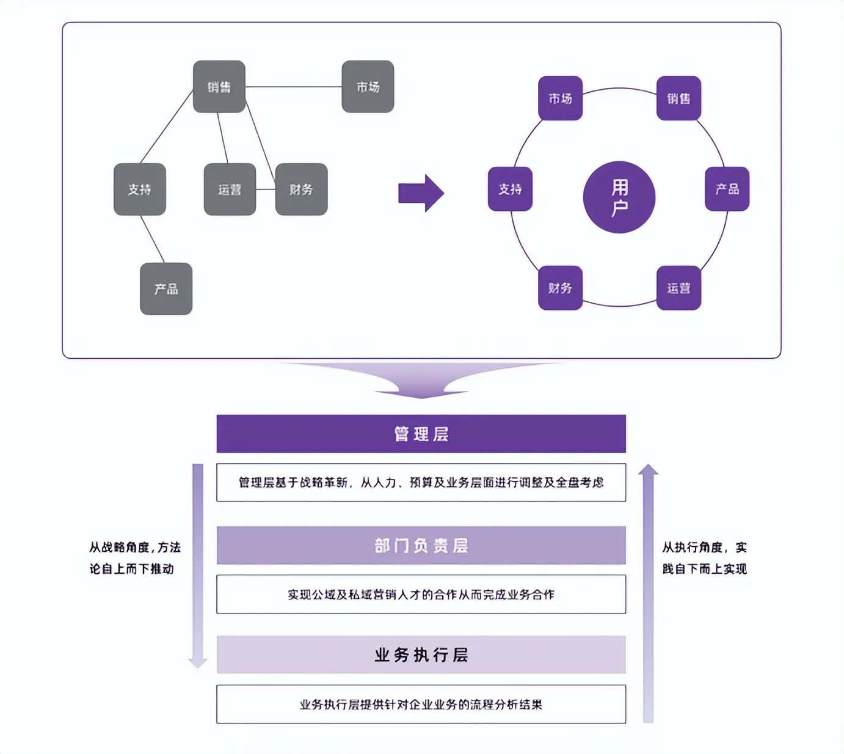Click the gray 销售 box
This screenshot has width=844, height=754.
[x=219, y=87]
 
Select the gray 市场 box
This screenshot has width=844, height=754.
[x=368, y=87]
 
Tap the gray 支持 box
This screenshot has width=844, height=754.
[x=140, y=189]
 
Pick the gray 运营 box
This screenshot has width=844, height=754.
[x=230, y=189]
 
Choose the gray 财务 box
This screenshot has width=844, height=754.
[x=301, y=189]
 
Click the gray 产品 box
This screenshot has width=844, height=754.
[x=166, y=289]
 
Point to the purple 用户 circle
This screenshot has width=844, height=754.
[x=619, y=197]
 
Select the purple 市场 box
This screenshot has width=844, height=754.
[x=560, y=98]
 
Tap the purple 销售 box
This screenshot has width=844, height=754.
[x=678, y=98]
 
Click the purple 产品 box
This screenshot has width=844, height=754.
[x=727, y=189]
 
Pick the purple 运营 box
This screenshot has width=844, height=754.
[x=678, y=288]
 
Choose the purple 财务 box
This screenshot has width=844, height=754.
[x=560, y=288]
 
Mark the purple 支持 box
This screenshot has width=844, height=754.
[x=510, y=189]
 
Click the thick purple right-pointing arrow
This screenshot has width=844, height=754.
[x=421, y=193]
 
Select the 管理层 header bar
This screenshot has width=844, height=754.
[x=421, y=434]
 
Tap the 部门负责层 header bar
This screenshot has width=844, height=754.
[x=421, y=545]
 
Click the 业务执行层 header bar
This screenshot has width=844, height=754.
[x=421, y=655]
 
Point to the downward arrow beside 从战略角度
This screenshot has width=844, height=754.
[x=197, y=565]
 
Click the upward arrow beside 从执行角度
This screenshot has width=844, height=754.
[x=648, y=593]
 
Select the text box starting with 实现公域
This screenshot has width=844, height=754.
[x=421, y=594]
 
